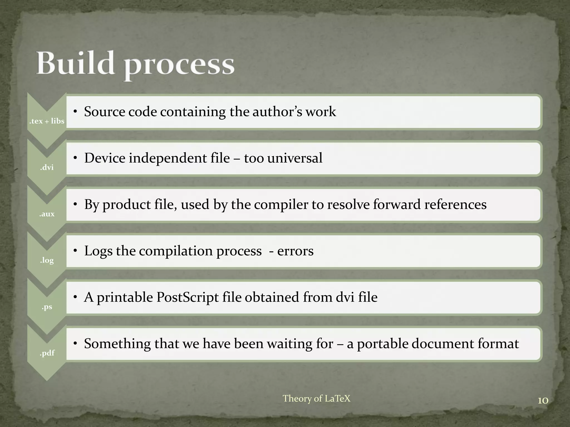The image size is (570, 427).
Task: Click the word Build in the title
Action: pyautogui.click(x=75, y=63)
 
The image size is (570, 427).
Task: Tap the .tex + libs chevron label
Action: pyautogui.click(x=47, y=121)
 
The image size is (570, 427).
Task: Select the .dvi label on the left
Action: pyautogui.click(x=47, y=167)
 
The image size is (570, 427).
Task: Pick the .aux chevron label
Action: pyautogui.click(x=47, y=214)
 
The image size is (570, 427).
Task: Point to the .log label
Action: pyautogui.click(x=47, y=260)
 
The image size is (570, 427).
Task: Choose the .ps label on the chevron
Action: pyautogui.click(x=47, y=307)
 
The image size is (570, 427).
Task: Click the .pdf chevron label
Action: pyautogui.click(x=47, y=353)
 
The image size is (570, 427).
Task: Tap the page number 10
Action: pyautogui.click(x=543, y=401)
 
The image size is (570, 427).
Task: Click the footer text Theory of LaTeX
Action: pyautogui.click(x=316, y=398)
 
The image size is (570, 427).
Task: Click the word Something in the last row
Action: pyautogui.click(x=117, y=344)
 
